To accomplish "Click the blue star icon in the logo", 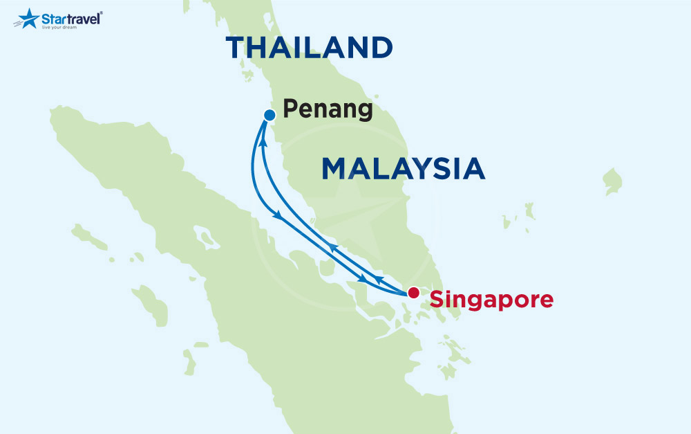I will [28, 18].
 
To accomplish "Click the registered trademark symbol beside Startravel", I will [102, 12].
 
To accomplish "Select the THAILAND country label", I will [309, 48].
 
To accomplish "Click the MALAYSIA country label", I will [403, 169].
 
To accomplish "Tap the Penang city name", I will [328, 109].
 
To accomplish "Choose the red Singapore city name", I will [491, 300].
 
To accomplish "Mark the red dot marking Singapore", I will [413, 292].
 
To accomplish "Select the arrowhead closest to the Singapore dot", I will [379, 279].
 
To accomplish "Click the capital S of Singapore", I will [437, 299].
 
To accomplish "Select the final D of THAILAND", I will [380, 48].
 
